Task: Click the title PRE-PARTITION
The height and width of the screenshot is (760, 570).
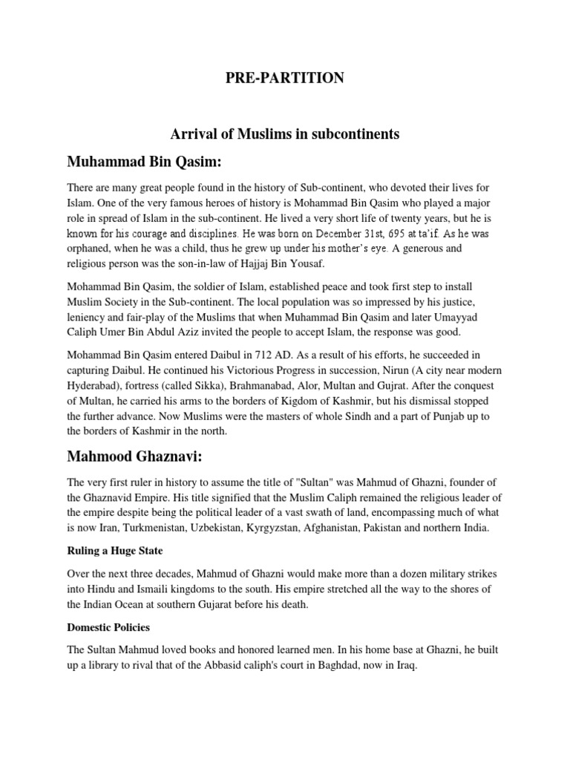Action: point(285,78)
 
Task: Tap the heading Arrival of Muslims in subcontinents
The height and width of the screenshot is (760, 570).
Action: point(285,134)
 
